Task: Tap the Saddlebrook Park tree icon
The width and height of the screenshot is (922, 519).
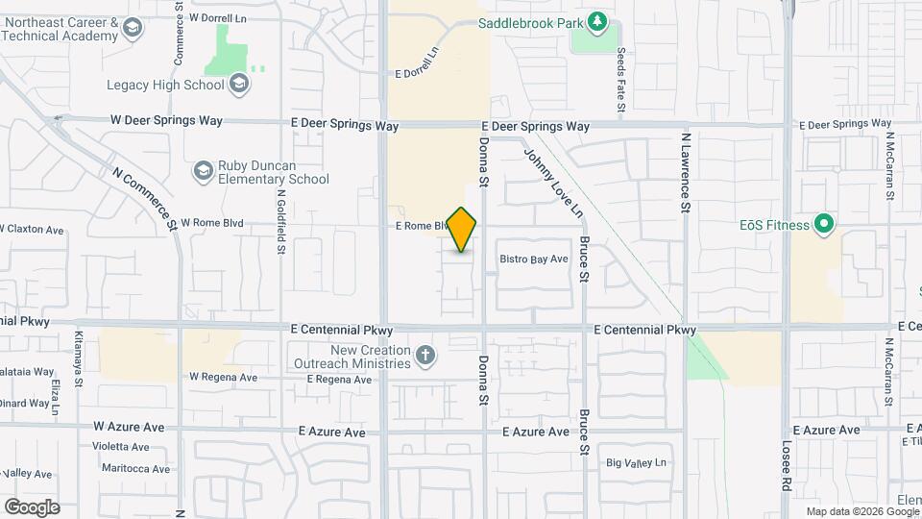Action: [597, 20]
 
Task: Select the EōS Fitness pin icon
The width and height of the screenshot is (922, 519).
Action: [823, 225]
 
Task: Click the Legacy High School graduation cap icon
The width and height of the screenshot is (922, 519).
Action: [239, 85]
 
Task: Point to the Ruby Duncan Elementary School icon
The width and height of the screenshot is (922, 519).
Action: [203, 171]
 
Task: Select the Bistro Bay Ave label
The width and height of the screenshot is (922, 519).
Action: [535, 259]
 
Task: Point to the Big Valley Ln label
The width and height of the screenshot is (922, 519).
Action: [636, 462]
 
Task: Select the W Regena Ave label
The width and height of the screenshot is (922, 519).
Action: [224, 378]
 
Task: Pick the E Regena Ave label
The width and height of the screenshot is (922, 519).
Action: [339, 380]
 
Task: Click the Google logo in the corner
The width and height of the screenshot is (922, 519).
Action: [32, 507]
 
